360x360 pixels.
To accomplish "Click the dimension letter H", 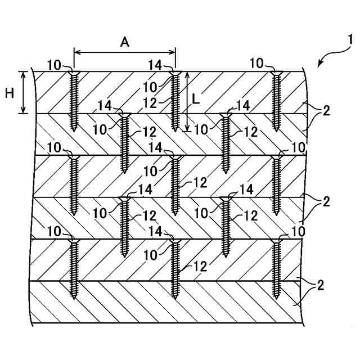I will coord(10,93).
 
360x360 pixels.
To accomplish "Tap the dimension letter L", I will coord(195,99).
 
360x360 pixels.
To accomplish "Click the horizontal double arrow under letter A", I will coord(124,52).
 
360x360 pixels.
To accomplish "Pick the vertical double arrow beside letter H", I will coord(23,92).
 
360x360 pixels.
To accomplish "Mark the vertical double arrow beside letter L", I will coord(187,101).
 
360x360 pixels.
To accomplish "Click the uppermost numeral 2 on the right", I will coord(326,110).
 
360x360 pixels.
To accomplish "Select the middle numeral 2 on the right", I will coord(326,201).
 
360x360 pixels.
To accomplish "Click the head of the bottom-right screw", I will coord(276,241).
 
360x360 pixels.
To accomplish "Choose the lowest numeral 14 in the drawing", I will coord(157,232).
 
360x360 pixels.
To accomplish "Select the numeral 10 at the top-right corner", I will coord(256,63).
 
